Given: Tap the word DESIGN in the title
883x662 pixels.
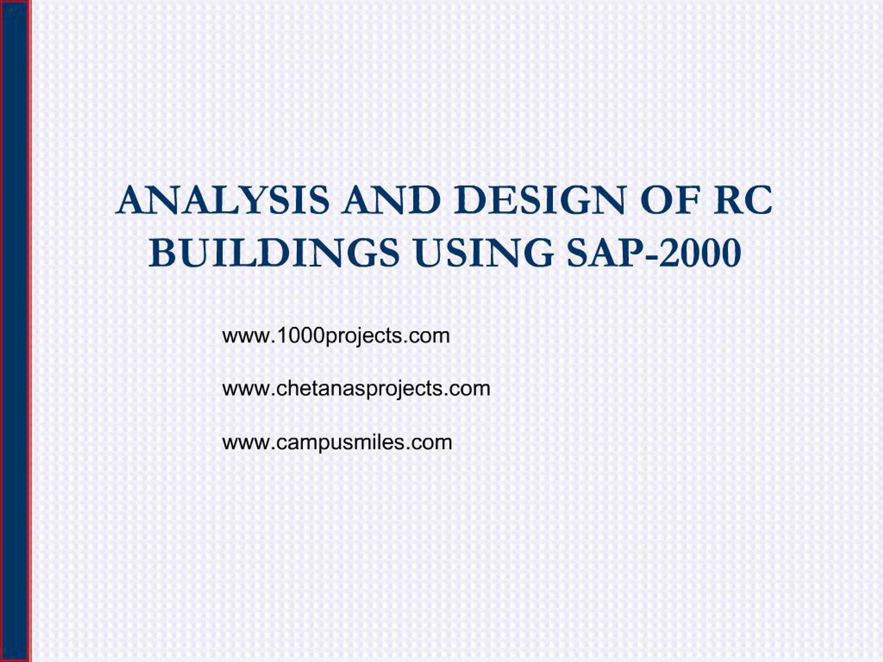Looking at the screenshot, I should click(x=543, y=200).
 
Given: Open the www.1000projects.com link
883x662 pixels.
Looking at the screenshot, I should click(x=336, y=336).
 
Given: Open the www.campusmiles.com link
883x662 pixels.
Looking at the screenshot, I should click(x=337, y=442).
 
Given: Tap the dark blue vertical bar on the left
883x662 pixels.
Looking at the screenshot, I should click(x=16, y=331).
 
